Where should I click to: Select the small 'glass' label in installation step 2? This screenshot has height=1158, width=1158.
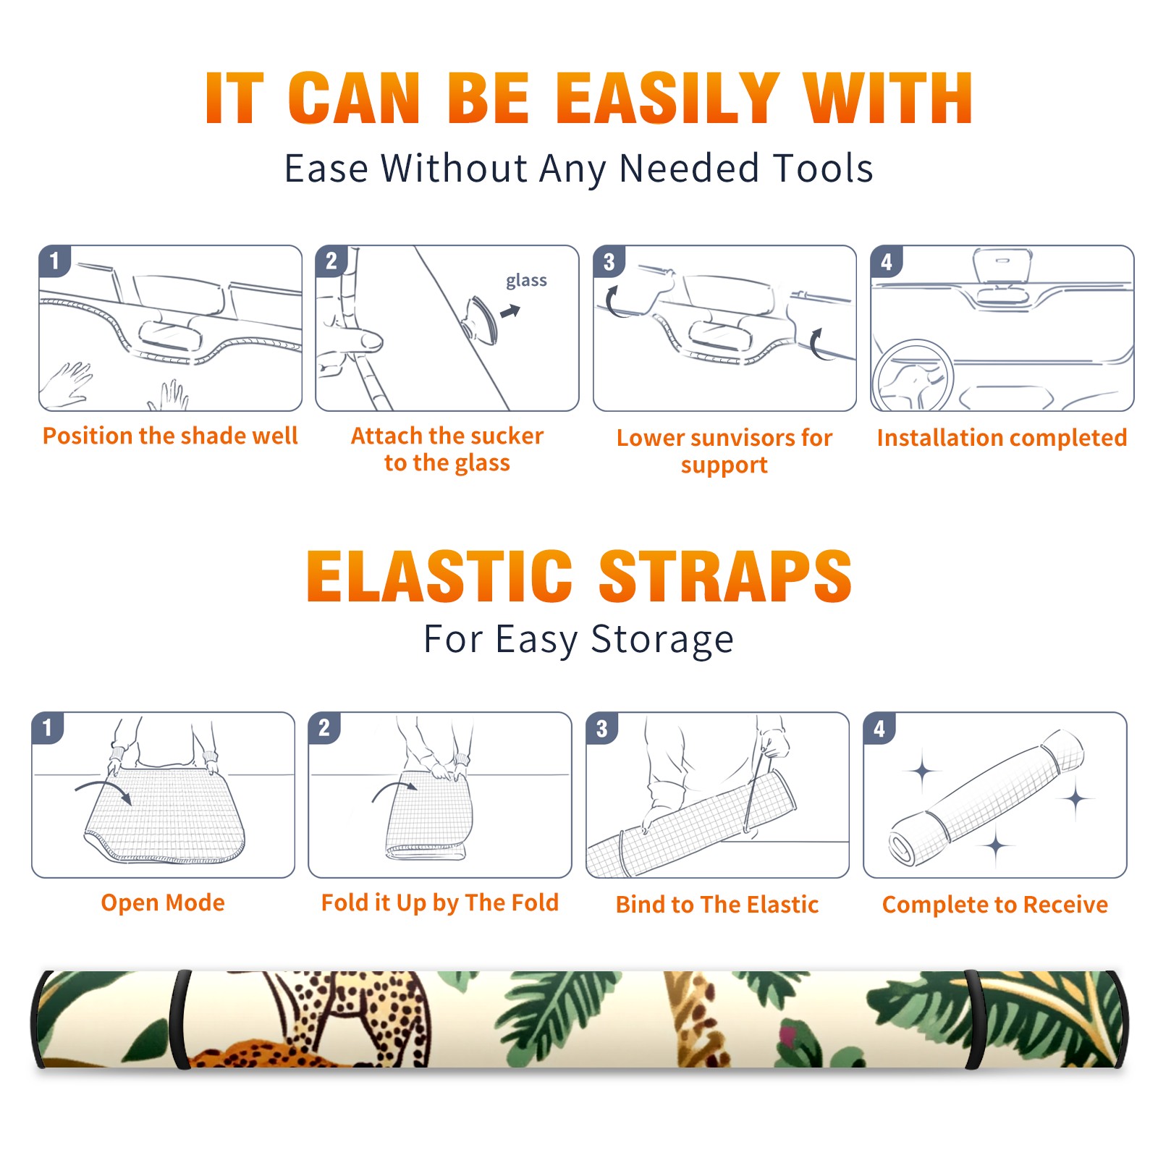[x=526, y=281]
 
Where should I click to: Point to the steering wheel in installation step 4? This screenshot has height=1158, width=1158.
[x=912, y=376]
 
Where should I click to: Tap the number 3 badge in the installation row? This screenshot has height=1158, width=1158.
[x=609, y=261]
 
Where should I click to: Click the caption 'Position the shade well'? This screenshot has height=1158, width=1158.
[x=170, y=436]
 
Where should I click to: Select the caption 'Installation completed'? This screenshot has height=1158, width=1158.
[x=1002, y=437]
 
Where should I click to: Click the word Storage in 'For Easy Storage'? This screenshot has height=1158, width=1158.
[x=662, y=640]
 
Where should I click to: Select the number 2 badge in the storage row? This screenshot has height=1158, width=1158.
[x=324, y=727]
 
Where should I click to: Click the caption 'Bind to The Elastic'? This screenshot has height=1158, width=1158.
[x=717, y=905]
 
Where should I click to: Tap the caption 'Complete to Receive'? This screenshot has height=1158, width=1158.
[x=995, y=905]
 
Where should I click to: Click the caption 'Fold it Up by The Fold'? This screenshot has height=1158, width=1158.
[x=440, y=903]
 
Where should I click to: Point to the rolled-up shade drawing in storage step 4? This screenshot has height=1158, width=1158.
[x=986, y=798]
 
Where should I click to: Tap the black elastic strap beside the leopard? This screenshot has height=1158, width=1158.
[x=179, y=1019]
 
